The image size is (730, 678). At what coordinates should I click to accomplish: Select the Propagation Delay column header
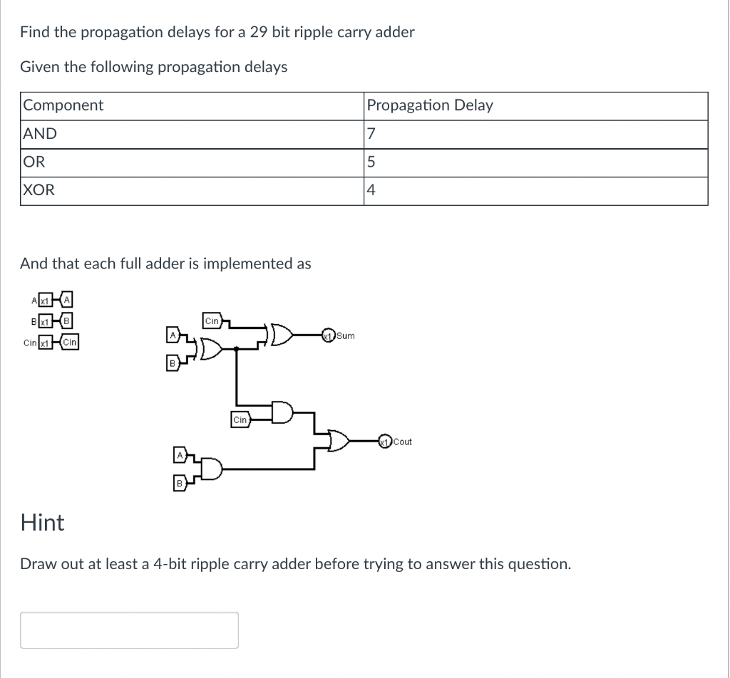[x=429, y=105]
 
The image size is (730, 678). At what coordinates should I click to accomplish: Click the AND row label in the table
[x=40, y=134]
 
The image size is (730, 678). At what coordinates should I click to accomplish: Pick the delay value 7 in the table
[x=370, y=134]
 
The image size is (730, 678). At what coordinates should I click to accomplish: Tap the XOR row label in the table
[x=38, y=190]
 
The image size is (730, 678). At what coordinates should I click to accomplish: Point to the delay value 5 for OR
[x=370, y=162]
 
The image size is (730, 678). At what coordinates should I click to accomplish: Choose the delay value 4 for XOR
[x=370, y=190]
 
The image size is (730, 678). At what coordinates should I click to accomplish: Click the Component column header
[x=63, y=105]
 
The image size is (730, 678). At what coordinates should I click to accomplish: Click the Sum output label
[x=346, y=335]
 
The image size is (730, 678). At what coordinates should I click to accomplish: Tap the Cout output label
[x=402, y=442]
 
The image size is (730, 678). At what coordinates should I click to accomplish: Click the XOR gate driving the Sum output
[x=279, y=335]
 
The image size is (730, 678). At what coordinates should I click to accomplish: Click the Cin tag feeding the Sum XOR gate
[x=212, y=320]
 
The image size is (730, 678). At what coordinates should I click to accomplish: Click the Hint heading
[x=43, y=523]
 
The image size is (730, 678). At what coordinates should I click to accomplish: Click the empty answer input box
[x=129, y=630]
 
